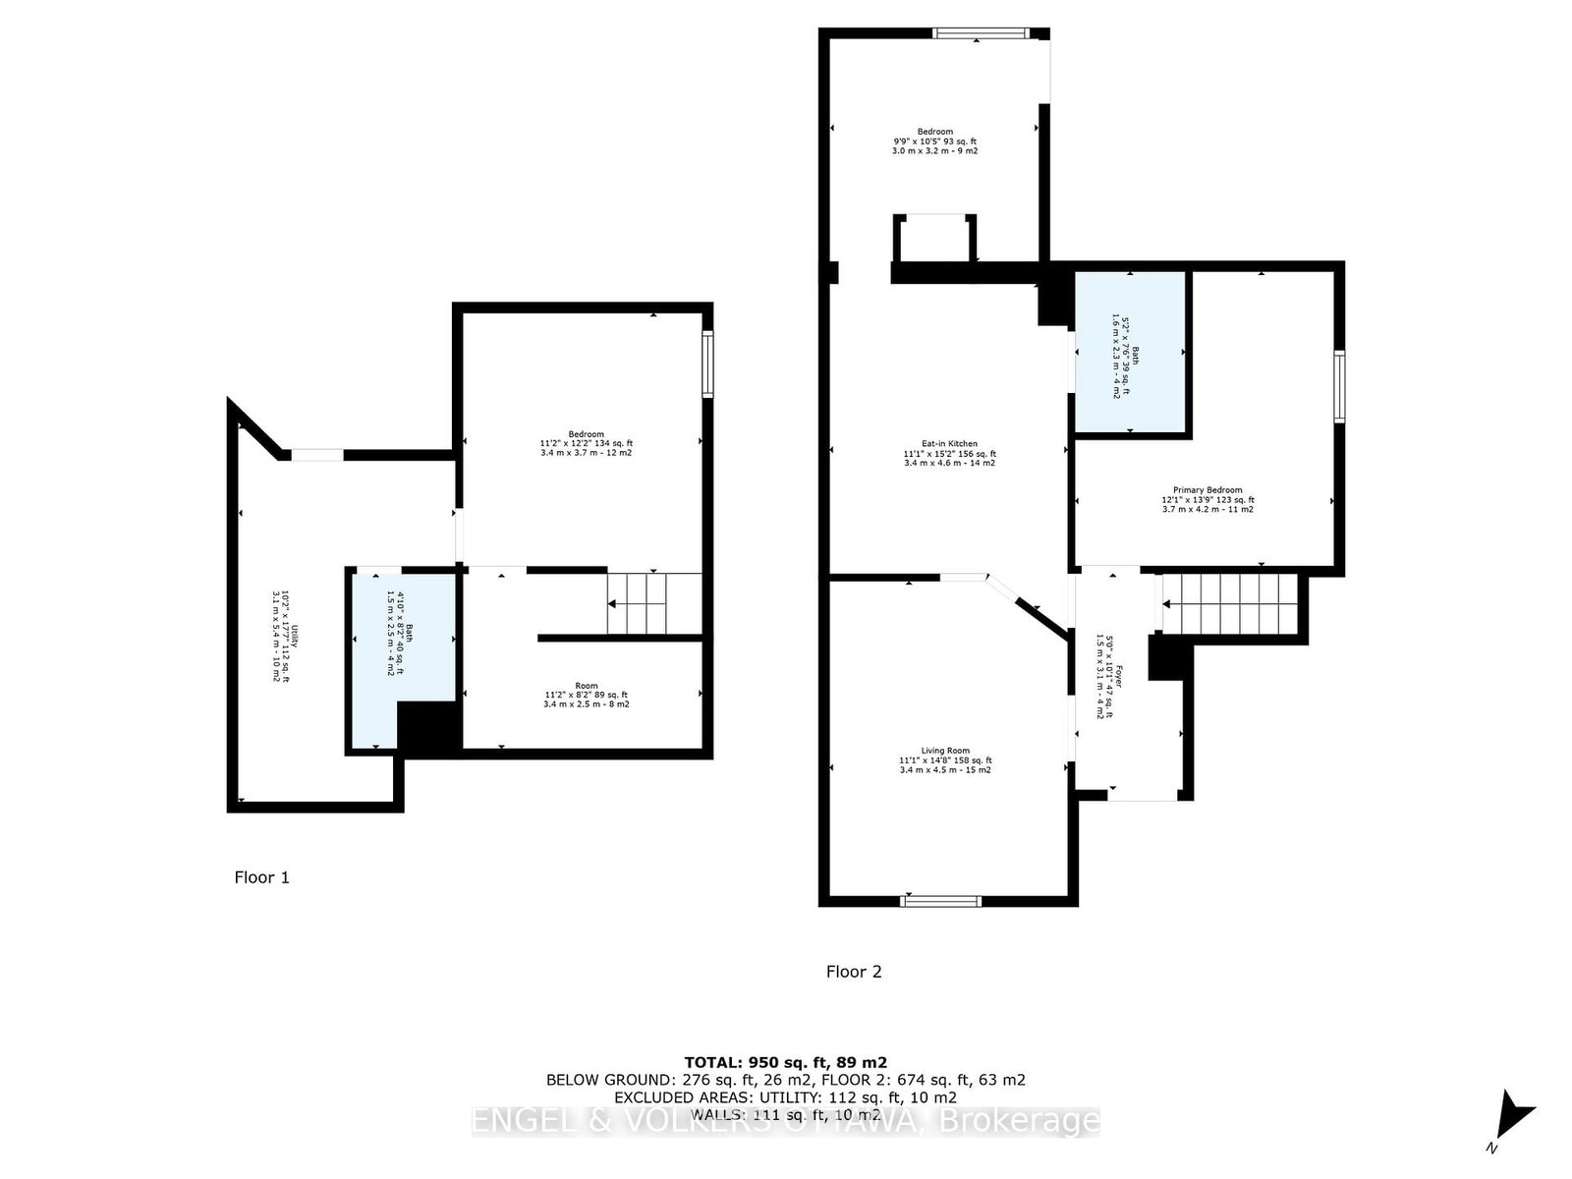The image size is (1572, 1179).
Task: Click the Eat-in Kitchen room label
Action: point(949,453)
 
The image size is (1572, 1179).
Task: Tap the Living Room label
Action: point(945,760)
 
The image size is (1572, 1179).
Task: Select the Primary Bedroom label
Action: point(1207,499)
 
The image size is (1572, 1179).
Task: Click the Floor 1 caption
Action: point(261,877)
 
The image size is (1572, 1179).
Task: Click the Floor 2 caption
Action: point(854,972)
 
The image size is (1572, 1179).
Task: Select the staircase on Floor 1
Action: point(639,602)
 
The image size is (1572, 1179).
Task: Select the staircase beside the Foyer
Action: point(1230,602)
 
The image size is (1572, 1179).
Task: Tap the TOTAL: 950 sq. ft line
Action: point(785,1062)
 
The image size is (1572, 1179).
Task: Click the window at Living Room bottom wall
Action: point(941,900)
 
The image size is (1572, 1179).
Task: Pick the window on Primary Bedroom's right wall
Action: point(1339,386)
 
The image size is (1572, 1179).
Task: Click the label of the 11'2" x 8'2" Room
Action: point(587,696)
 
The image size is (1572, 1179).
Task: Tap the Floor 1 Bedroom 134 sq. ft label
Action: point(587,443)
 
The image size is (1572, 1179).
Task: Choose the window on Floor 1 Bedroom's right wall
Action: point(706,365)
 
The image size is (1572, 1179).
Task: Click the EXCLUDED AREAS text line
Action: point(785,1097)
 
